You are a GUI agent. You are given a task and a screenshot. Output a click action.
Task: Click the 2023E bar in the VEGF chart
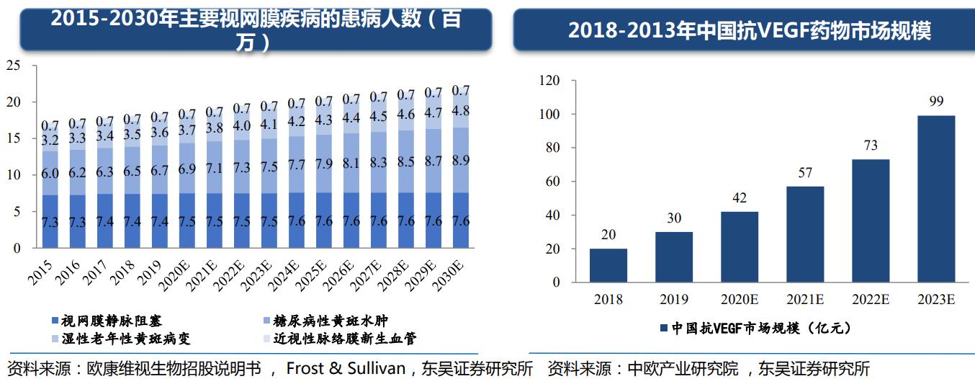point(936,198)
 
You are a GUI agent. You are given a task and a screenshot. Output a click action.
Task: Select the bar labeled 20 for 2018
point(608,265)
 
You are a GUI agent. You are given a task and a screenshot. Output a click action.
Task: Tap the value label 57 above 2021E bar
point(805,173)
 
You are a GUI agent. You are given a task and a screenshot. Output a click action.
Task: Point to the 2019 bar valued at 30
point(674,257)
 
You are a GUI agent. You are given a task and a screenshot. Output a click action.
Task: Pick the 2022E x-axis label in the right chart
point(871,300)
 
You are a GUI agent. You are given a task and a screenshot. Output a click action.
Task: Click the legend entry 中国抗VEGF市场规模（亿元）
point(755,329)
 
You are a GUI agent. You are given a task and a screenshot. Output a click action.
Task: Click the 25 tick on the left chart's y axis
point(12,66)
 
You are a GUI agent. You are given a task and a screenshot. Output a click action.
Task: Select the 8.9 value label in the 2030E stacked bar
point(461,160)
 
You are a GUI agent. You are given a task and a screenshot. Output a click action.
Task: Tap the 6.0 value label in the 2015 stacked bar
point(50,174)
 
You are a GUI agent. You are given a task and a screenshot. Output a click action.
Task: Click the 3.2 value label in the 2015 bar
point(50,139)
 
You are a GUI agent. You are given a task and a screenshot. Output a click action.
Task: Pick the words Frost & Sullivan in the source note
point(346,368)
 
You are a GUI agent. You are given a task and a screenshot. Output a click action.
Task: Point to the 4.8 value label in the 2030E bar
point(461,111)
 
